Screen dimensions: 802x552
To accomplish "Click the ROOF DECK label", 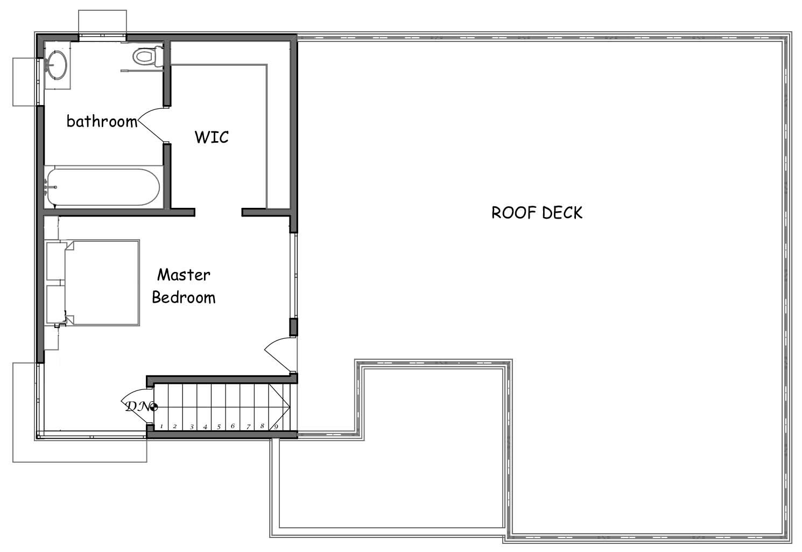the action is pyautogui.click(x=537, y=213).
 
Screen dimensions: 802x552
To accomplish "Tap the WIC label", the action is pyautogui.click(x=212, y=137).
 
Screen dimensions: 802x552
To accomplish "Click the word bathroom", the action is pyautogui.click(x=102, y=121).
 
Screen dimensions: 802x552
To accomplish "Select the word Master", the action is pyautogui.click(x=184, y=275).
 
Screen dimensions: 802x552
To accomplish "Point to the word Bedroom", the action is pyautogui.click(x=184, y=297).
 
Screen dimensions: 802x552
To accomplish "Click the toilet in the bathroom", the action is pyautogui.click(x=148, y=56).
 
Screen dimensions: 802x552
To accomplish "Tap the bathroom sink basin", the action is pyautogui.click(x=57, y=65).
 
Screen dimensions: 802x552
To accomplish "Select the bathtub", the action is pyautogui.click(x=103, y=187).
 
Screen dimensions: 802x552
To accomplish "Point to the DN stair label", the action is pyautogui.click(x=138, y=407).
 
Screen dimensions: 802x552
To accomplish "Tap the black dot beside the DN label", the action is pyautogui.click(x=154, y=407).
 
